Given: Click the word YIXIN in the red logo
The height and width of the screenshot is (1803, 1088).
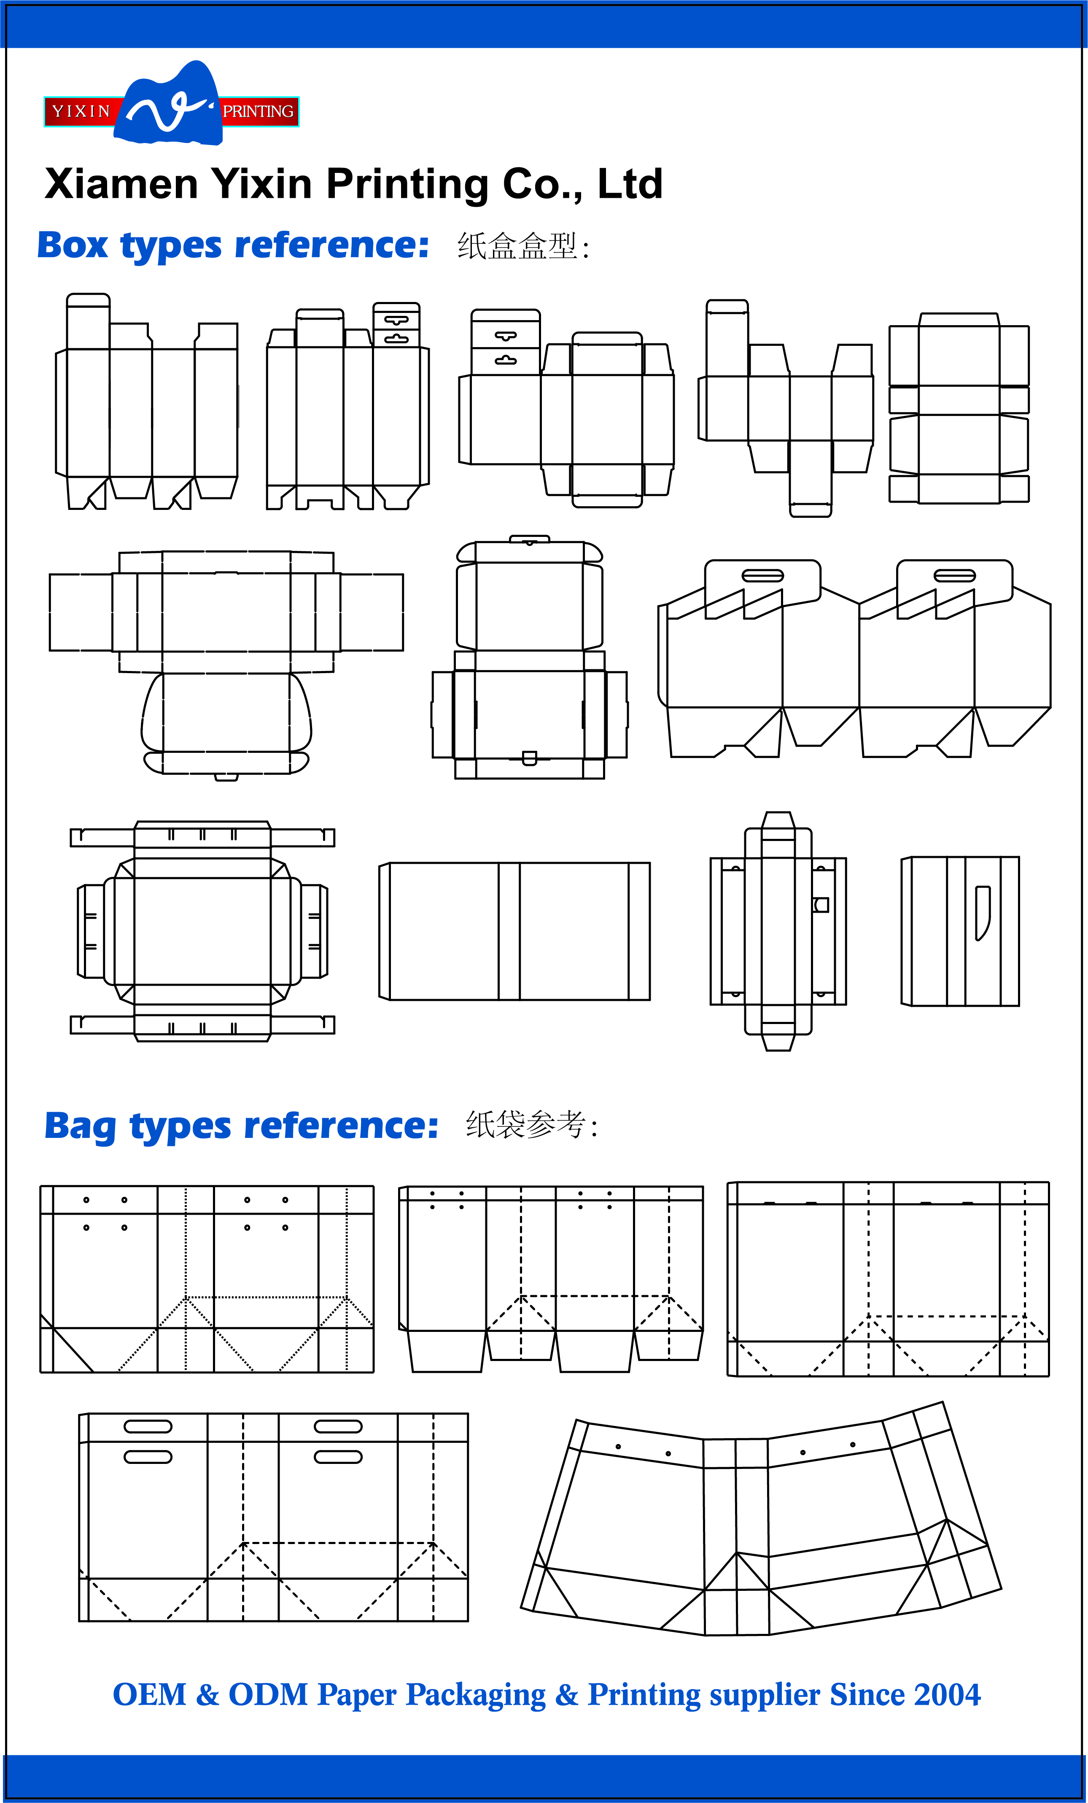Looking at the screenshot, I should click(81, 111).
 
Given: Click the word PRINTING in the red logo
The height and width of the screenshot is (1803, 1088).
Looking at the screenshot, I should click(258, 111).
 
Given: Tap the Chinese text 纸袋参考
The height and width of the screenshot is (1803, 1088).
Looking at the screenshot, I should click(526, 1125).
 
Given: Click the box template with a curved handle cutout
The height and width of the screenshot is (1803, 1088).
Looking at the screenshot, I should click(960, 931).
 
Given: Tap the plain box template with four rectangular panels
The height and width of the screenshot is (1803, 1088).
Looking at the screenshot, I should click(514, 931).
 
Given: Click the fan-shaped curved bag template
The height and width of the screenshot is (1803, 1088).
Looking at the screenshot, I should click(761, 1522).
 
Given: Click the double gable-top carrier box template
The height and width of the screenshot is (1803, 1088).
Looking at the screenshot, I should click(855, 658).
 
